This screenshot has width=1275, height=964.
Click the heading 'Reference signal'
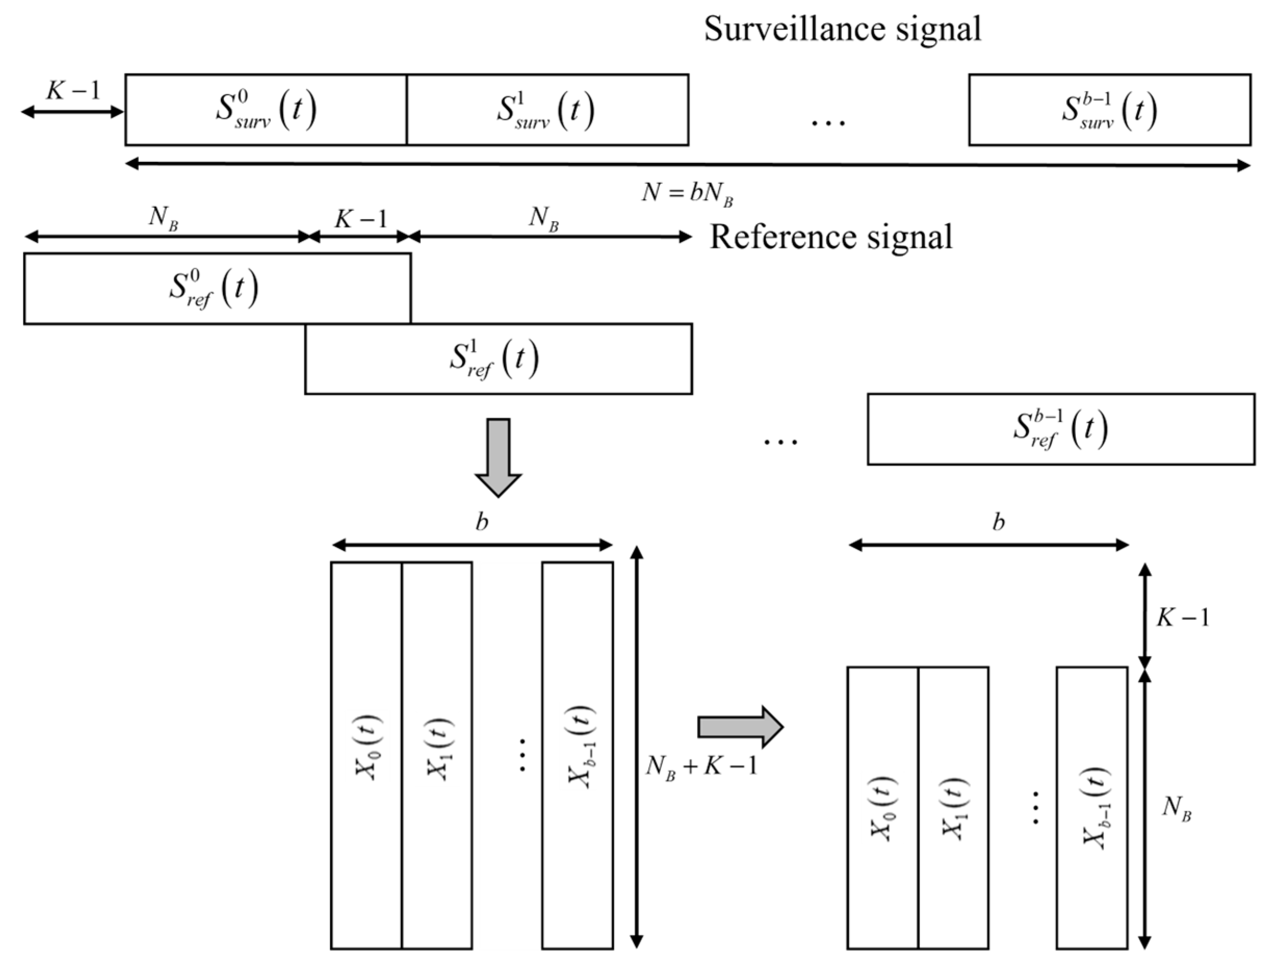(830, 237)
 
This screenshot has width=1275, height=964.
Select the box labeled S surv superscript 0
(266, 110)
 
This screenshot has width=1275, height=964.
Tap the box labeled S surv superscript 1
(547, 110)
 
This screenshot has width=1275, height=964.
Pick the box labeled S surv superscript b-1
(1110, 110)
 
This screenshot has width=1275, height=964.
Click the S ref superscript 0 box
(217, 288)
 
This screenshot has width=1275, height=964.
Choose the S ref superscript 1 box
(498, 358)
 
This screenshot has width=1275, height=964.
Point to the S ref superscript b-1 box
(1061, 429)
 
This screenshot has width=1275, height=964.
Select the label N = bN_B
(687, 193)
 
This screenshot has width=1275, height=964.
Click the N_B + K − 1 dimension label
(701, 766)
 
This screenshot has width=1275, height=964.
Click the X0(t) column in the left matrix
(367, 755)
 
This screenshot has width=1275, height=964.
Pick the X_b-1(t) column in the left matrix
(577, 755)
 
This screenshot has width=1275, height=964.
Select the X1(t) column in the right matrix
(953, 807)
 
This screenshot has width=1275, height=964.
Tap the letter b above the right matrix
(998, 522)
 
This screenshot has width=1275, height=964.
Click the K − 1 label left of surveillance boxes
(73, 91)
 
